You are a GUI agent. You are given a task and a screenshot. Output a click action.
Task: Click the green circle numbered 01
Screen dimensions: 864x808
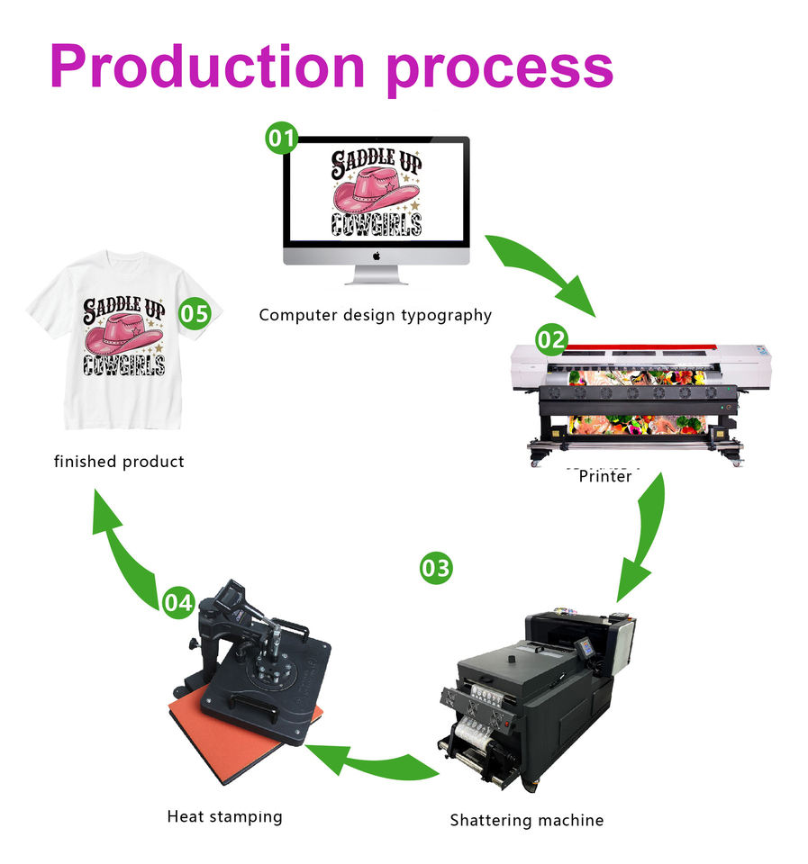[280, 139]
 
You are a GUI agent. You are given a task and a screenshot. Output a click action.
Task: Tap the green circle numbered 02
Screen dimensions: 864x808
[552, 339]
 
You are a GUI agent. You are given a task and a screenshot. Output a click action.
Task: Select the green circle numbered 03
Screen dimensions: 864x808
[436, 568]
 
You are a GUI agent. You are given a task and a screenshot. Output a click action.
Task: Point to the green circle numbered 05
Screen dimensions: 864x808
[195, 314]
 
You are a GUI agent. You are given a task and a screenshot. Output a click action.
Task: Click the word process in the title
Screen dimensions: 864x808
[500, 67]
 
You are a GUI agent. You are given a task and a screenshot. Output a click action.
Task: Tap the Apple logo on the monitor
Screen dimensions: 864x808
[377, 256]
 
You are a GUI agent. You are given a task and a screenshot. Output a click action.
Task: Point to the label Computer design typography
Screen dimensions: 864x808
[375, 315]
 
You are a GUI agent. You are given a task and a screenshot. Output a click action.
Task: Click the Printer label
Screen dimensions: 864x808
[605, 477]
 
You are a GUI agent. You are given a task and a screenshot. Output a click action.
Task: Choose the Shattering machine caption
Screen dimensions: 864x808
[526, 820]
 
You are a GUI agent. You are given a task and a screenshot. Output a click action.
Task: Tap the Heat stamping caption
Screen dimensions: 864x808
[224, 816]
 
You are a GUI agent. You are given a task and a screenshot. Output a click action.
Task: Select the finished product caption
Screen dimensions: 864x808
[119, 462]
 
